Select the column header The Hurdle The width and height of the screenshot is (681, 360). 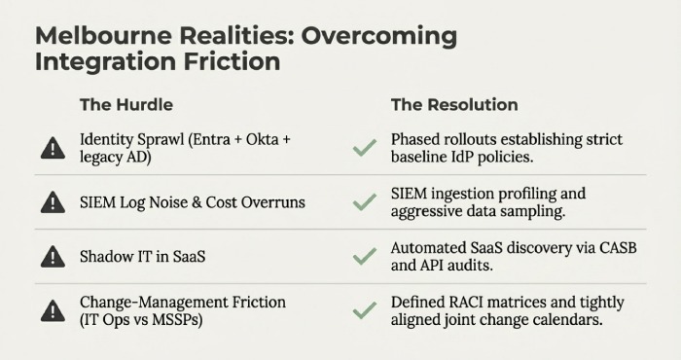[x=125, y=104]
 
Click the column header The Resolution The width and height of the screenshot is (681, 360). [x=454, y=104]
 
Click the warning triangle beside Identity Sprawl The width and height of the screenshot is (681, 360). [x=53, y=148]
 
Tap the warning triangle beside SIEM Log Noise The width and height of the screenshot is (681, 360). [x=53, y=202]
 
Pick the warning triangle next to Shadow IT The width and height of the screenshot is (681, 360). [x=53, y=257]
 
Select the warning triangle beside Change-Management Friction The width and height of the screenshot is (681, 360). [x=53, y=310]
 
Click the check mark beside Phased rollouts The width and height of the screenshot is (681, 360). [x=365, y=148]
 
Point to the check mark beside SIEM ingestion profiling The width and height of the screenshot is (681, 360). [x=365, y=202]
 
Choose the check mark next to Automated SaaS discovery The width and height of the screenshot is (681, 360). [x=365, y=257]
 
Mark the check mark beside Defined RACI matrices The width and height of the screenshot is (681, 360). [x=365, y=310]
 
